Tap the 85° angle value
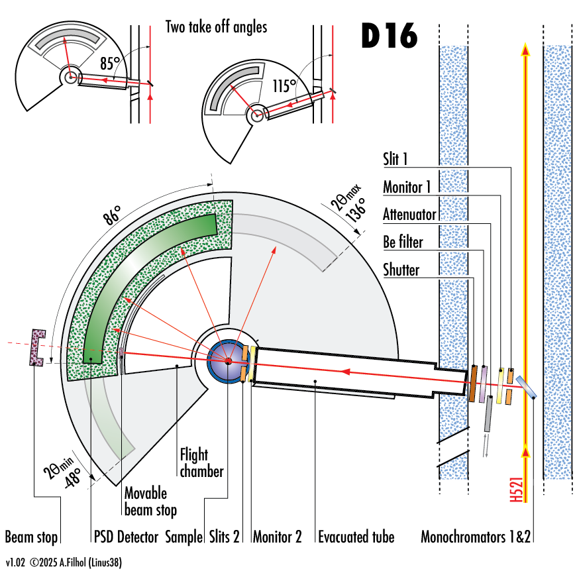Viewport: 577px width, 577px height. point(110,64)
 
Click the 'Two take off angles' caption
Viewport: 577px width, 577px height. point(216,27)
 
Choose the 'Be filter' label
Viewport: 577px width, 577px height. point(403,242)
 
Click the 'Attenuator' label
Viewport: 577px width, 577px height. point(409,214)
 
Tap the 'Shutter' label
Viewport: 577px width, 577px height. point(401,270)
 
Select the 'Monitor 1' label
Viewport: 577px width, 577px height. point(407,187)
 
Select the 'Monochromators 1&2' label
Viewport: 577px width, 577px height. point(476,537)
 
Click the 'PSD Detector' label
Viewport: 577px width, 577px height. point(125,537)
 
